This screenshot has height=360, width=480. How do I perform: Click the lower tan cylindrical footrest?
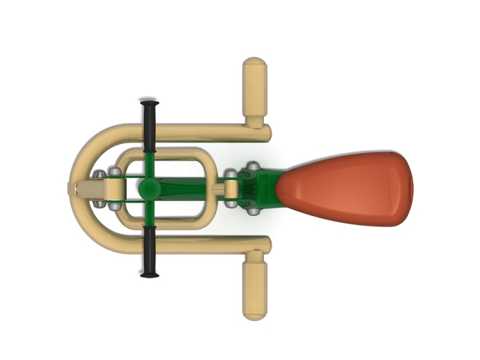[254, 285]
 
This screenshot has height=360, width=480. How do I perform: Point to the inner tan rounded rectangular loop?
[169, 154]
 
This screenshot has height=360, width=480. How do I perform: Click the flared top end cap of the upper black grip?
[150, 101]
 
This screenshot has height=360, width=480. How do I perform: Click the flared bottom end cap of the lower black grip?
[150, 274]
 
